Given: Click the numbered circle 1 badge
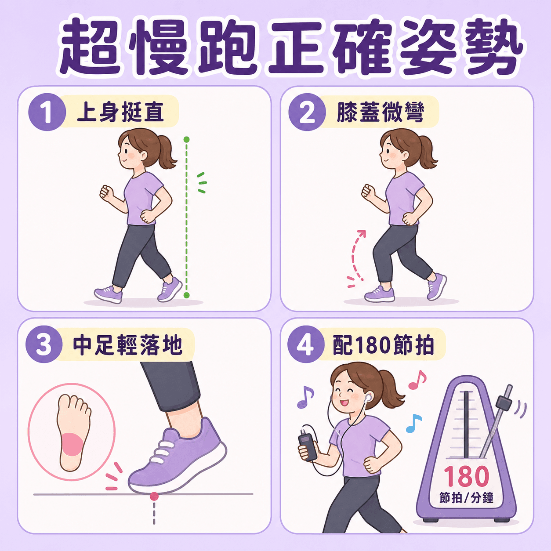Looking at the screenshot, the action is tap(47, 112).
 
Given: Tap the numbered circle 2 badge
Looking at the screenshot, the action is tap(307, 112).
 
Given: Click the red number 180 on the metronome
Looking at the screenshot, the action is tap(466, 476).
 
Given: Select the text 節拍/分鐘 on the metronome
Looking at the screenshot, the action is tap(466, 497).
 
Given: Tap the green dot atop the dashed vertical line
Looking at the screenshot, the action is tap(186, 140).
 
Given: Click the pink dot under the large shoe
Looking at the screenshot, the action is tap(154, 496).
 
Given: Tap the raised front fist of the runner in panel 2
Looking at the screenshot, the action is tap(369, 191).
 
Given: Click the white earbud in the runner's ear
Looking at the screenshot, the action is tap(368, 397).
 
